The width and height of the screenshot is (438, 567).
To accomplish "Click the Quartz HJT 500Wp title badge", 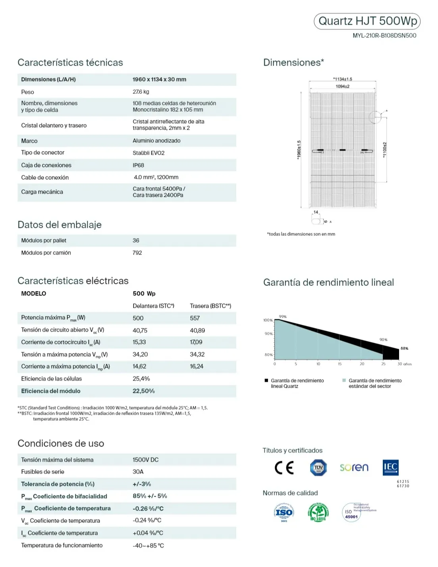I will point(367,21).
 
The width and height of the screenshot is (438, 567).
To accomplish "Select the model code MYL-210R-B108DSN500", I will point(384,35).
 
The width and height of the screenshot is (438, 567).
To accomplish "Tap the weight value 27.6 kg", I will point(141,92).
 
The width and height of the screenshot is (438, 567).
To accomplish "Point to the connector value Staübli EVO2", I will point(149,153).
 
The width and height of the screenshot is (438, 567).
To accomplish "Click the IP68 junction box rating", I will point(138,165).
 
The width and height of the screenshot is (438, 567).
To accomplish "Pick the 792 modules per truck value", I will point(137,252).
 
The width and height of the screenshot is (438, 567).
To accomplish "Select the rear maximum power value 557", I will point(195,318).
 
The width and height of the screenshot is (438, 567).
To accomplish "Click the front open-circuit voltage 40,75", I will point(140,330).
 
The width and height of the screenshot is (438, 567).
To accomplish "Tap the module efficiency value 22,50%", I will point(143,391).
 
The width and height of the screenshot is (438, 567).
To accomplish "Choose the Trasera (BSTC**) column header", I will point(210,306).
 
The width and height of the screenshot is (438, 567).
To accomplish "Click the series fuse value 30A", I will point(138,472).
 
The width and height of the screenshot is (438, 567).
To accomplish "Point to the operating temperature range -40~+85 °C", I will point(148,546).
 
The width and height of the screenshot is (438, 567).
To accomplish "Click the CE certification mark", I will point(284,468).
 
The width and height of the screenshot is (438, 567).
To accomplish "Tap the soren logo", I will point(354,468).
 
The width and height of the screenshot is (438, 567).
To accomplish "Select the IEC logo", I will point(390,468).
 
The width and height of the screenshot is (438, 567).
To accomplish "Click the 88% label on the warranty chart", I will point(404,348).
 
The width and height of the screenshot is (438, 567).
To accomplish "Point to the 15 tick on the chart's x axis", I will point(340,364).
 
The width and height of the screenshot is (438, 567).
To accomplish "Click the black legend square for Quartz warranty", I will point(266,381).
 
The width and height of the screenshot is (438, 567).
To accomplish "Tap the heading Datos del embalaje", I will point(60,225).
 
